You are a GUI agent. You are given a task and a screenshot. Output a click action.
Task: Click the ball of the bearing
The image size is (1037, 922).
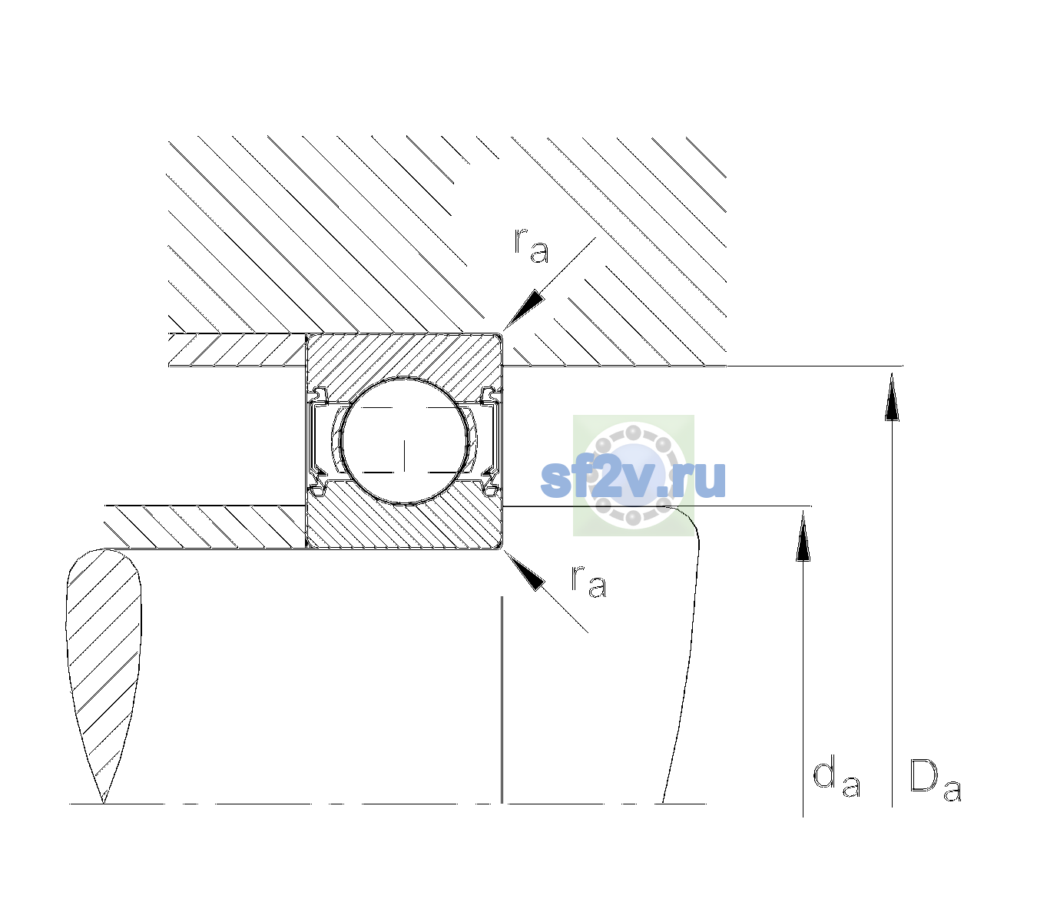[x=404, y=441]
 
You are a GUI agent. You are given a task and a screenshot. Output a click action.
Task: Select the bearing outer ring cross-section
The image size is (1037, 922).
[x=404, y=356]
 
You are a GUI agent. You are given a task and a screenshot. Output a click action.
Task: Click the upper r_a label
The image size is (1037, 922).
[x=532, y=246]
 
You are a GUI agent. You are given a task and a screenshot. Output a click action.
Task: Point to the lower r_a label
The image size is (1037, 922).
[x=588, y=582]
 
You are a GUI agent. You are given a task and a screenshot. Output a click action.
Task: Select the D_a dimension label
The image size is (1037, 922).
[x=935, y=781]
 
